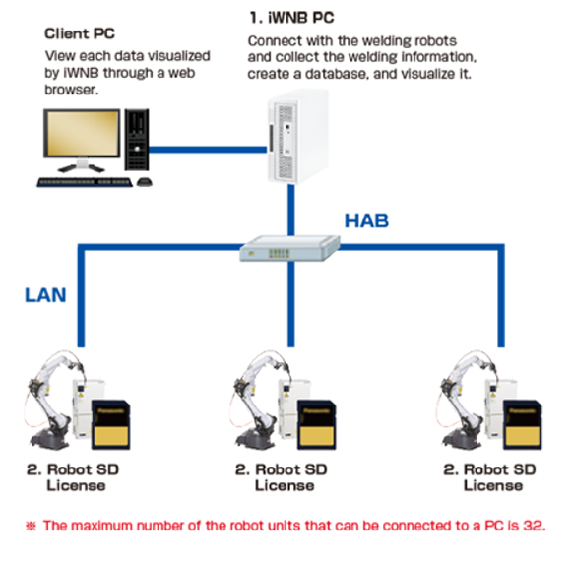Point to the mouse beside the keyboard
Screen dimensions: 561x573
[145, 182]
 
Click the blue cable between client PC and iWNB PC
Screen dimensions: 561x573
[213, 149]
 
